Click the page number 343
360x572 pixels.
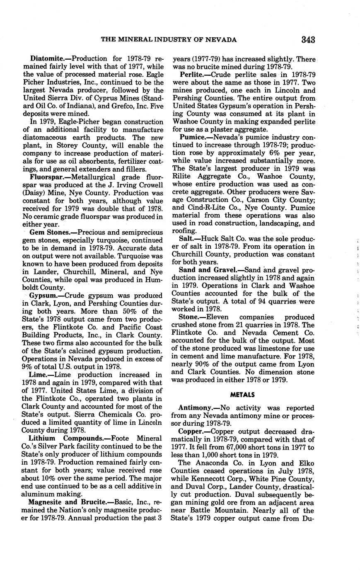[308, 40]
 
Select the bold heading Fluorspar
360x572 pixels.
[46, 177]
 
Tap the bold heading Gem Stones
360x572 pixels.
[49, 233]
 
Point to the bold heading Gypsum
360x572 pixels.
[41, 296]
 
